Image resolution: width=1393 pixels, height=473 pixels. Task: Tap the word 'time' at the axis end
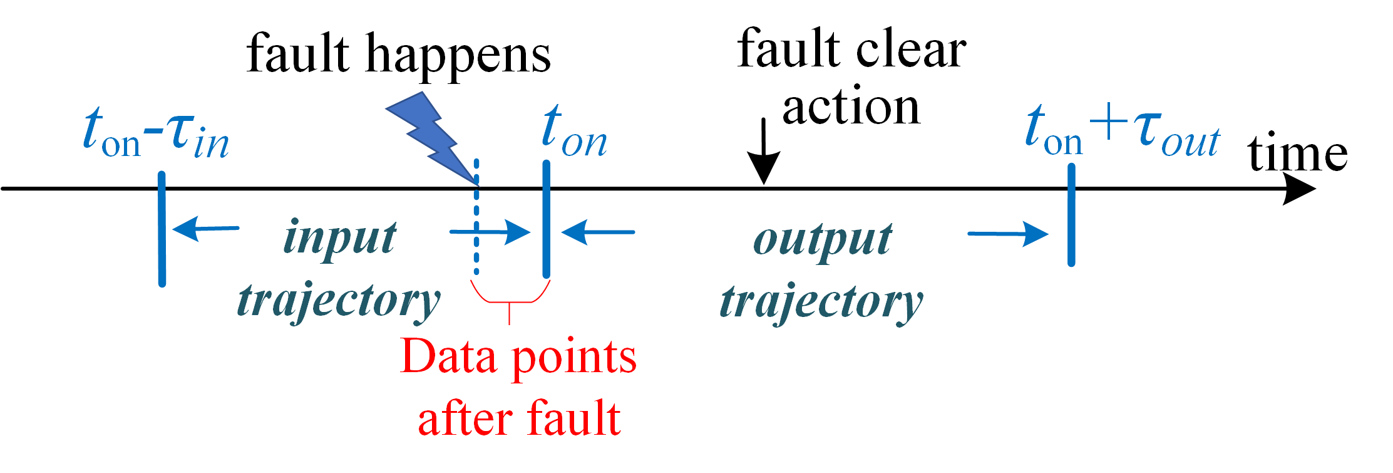(x=1297, y=153)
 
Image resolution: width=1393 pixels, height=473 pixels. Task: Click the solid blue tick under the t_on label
(x=546, y=219)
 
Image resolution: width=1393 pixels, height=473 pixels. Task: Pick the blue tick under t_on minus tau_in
(x=162, y=229)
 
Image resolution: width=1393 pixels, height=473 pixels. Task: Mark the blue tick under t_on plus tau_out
(x=1071, y=215)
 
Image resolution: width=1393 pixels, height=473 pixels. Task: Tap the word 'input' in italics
(x=340, y=238)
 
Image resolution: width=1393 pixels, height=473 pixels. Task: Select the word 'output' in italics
(x=823, y=240)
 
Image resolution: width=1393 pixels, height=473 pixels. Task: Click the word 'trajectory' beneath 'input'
(x=339, y=301)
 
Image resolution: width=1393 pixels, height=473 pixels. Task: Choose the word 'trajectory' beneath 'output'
(x=821, y=303)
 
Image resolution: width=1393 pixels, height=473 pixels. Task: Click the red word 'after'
(x=466, y=418)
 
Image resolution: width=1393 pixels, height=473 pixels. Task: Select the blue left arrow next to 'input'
(x=205, y=229)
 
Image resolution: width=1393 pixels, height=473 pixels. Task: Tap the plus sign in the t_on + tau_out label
(x=1108, y=122)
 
